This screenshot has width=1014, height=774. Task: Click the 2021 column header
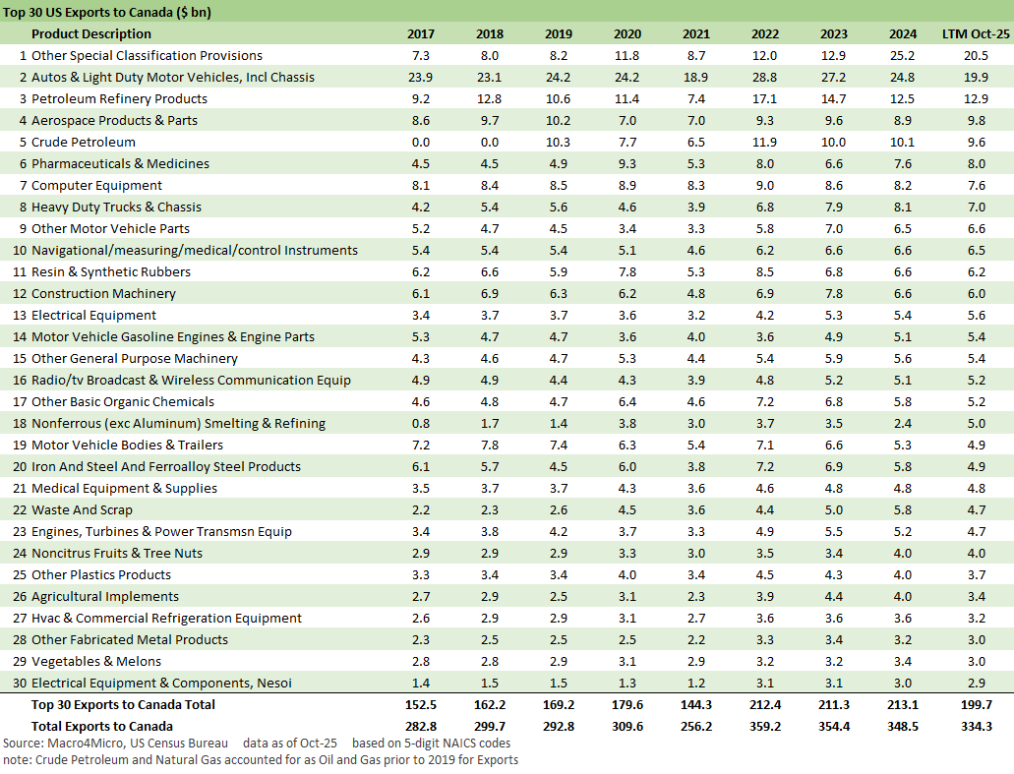[695, 34]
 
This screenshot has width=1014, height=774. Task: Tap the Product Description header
[93, 34]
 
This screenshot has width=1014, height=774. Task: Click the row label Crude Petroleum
[84, 143]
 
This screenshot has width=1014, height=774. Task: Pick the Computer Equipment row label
[96, 186]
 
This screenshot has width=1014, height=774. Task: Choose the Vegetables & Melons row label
[96, 662]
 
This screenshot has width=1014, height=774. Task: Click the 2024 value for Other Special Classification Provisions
[902, 56]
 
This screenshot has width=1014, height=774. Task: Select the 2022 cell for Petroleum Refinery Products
[764, 99]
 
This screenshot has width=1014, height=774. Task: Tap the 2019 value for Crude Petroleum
[558, 143]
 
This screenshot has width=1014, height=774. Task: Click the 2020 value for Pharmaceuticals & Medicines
[626, 164]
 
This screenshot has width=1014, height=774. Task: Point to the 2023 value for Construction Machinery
[833, 294]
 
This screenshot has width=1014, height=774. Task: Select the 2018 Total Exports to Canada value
[489, 727]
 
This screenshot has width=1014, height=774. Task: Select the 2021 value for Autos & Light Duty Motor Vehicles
[695, 78]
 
